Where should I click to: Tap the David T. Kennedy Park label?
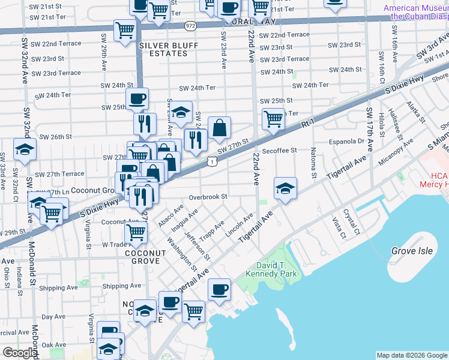(268, 269)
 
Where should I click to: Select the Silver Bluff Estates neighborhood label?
(163, 49)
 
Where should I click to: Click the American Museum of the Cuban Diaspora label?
(416, 13)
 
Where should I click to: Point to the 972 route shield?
(190, 26)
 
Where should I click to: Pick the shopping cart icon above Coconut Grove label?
(136, 232)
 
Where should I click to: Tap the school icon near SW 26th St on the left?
(25, 149)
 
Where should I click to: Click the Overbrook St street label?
(208, 197)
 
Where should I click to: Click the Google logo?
(20, 353)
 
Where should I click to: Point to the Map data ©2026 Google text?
(411, 355)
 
